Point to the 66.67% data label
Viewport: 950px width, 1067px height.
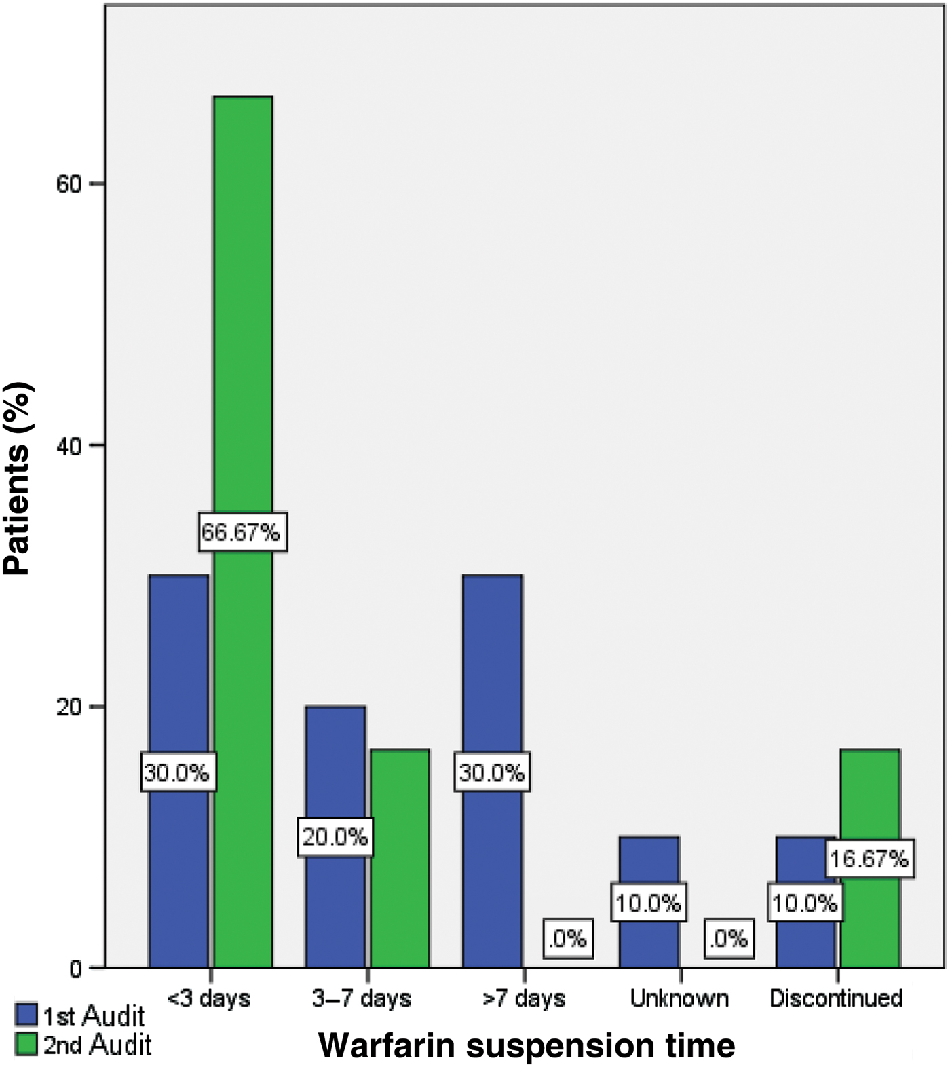(x=241, y=532)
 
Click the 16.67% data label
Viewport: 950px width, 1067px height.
(x=869, y=859)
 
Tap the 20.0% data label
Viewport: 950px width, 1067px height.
(x=335, y=837)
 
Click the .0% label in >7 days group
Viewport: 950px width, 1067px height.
(x=567, y=939)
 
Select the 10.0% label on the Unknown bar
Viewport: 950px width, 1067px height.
(x=648, y=903)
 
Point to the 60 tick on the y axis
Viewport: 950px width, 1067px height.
(x=69, y=184)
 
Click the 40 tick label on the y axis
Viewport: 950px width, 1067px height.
(x=69, y=445)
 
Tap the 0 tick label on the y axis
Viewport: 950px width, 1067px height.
(x=76, y=969)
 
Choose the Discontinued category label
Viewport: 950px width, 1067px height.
(x=836, y=998)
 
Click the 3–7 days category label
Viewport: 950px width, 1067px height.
(x=362, y=998)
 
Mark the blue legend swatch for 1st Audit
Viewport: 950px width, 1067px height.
(x=26, y=1015)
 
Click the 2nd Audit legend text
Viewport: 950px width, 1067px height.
(x=98, y=1045)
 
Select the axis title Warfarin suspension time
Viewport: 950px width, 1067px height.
(x=527, y=1045)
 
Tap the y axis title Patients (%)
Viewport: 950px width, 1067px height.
(x=17, y=479)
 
